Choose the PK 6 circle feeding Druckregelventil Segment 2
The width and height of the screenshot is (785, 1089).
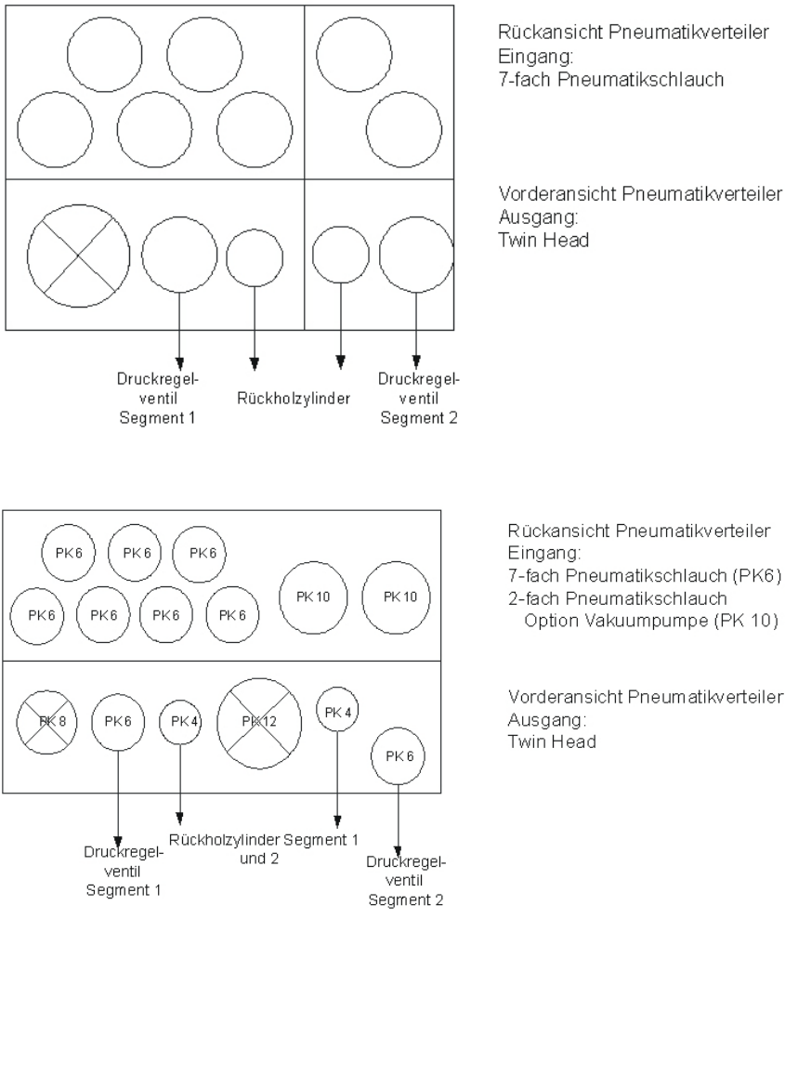coord(398,755)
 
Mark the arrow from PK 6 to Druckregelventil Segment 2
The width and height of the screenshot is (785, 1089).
coord(398,832)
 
